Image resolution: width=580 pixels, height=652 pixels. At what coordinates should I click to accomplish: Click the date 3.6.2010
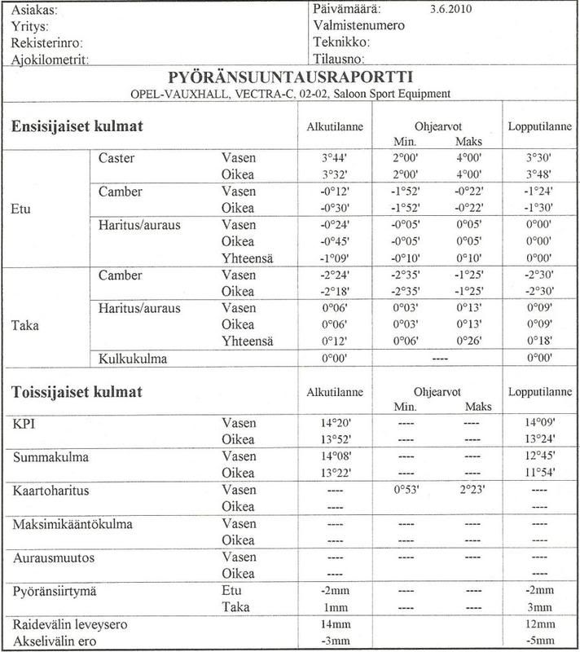pos(450,11)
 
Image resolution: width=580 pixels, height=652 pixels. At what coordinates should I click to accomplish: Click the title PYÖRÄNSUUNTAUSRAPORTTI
pos(290,77)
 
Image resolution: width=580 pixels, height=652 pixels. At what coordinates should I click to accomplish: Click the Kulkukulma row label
pos(130,357)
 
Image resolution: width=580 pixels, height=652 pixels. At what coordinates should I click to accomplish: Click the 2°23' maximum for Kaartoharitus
pos(473,491)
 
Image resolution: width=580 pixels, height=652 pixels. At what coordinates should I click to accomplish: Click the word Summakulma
pos(52,458)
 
